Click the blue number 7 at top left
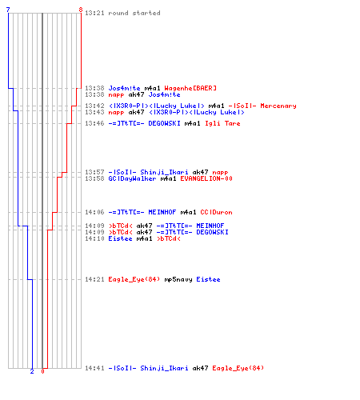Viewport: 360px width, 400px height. (8, 10)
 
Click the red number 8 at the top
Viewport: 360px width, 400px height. (81, 10)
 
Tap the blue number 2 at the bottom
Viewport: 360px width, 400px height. (32, 371)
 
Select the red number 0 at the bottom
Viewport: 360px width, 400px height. (42, 371)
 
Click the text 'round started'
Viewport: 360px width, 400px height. (134, 13)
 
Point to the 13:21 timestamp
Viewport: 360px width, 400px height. (94, 13)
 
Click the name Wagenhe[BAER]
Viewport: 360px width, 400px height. (190, 88)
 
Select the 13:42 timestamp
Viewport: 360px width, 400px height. (94, 106)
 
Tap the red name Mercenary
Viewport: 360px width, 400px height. (278, 106)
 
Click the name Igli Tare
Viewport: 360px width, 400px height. (222, 123)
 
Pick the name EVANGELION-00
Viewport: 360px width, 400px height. (206, 178)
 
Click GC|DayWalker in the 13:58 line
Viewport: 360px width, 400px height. (132, 178)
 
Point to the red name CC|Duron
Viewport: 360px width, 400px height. (216, 212)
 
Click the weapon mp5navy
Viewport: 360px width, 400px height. (178, 279)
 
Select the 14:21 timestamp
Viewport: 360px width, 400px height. (94, 279)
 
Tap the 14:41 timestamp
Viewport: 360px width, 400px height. (94, 368)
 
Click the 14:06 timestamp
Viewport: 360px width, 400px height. (94, 212)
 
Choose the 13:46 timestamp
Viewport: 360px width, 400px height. (94, 123)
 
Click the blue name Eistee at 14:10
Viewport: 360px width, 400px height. (120, 238)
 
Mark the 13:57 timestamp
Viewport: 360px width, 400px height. (94, 172)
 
